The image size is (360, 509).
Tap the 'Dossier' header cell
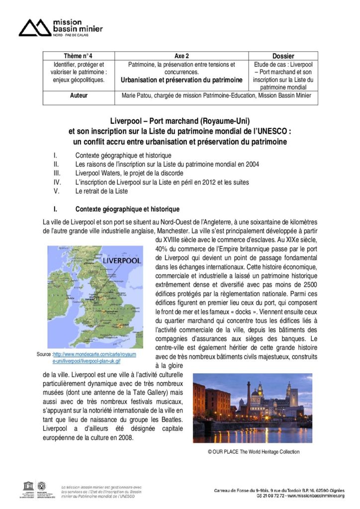click(x=283, y=56)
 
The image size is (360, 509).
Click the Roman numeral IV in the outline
click(x=57, y=182)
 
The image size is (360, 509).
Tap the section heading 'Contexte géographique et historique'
click(x=127, y=209)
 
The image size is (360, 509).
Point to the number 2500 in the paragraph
click(x=308, y=284)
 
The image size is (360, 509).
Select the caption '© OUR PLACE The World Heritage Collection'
click(x=254, y=452)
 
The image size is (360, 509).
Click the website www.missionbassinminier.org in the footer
click(x=313, y=496)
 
